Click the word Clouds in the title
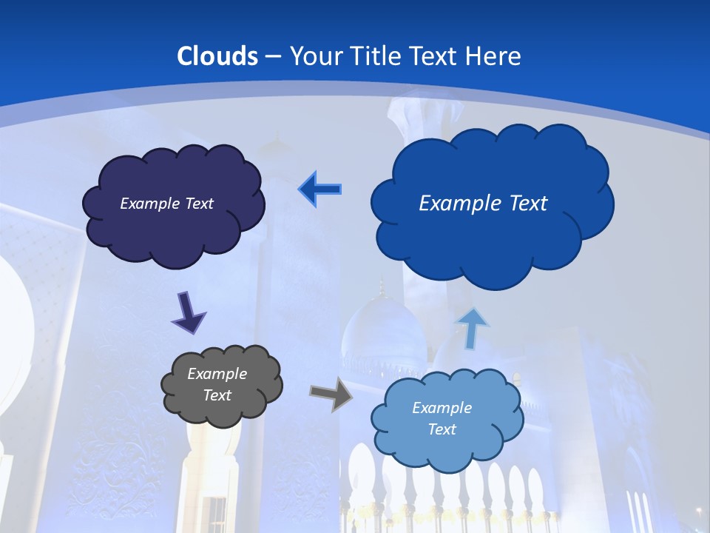point(217,56)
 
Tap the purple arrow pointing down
point(188,312)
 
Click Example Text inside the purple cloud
point(166,204)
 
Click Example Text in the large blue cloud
point(483,204)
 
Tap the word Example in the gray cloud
point(217,374)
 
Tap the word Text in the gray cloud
point(217,395)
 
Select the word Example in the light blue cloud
point(442,408)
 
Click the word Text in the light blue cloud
point(442,429)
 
